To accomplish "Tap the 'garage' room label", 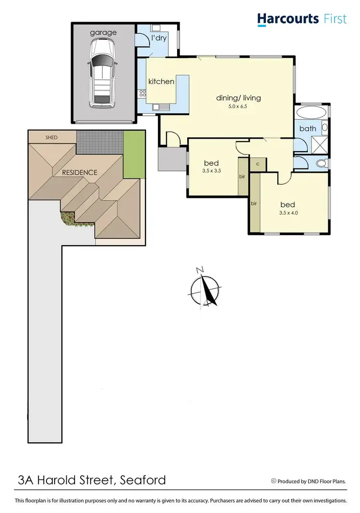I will (x=103, y=33).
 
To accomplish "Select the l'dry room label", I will (x=159, y=38).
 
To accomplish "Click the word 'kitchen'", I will (x=161, y=82).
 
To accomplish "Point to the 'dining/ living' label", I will (x=239, y=98).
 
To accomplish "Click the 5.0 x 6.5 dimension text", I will (x=239, y=107).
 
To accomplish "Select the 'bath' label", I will (x=308, y=129).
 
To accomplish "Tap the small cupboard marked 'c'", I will (x=258, y=164).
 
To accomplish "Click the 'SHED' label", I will (x=51, y=138).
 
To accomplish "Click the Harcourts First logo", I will (x=302, y=19).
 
